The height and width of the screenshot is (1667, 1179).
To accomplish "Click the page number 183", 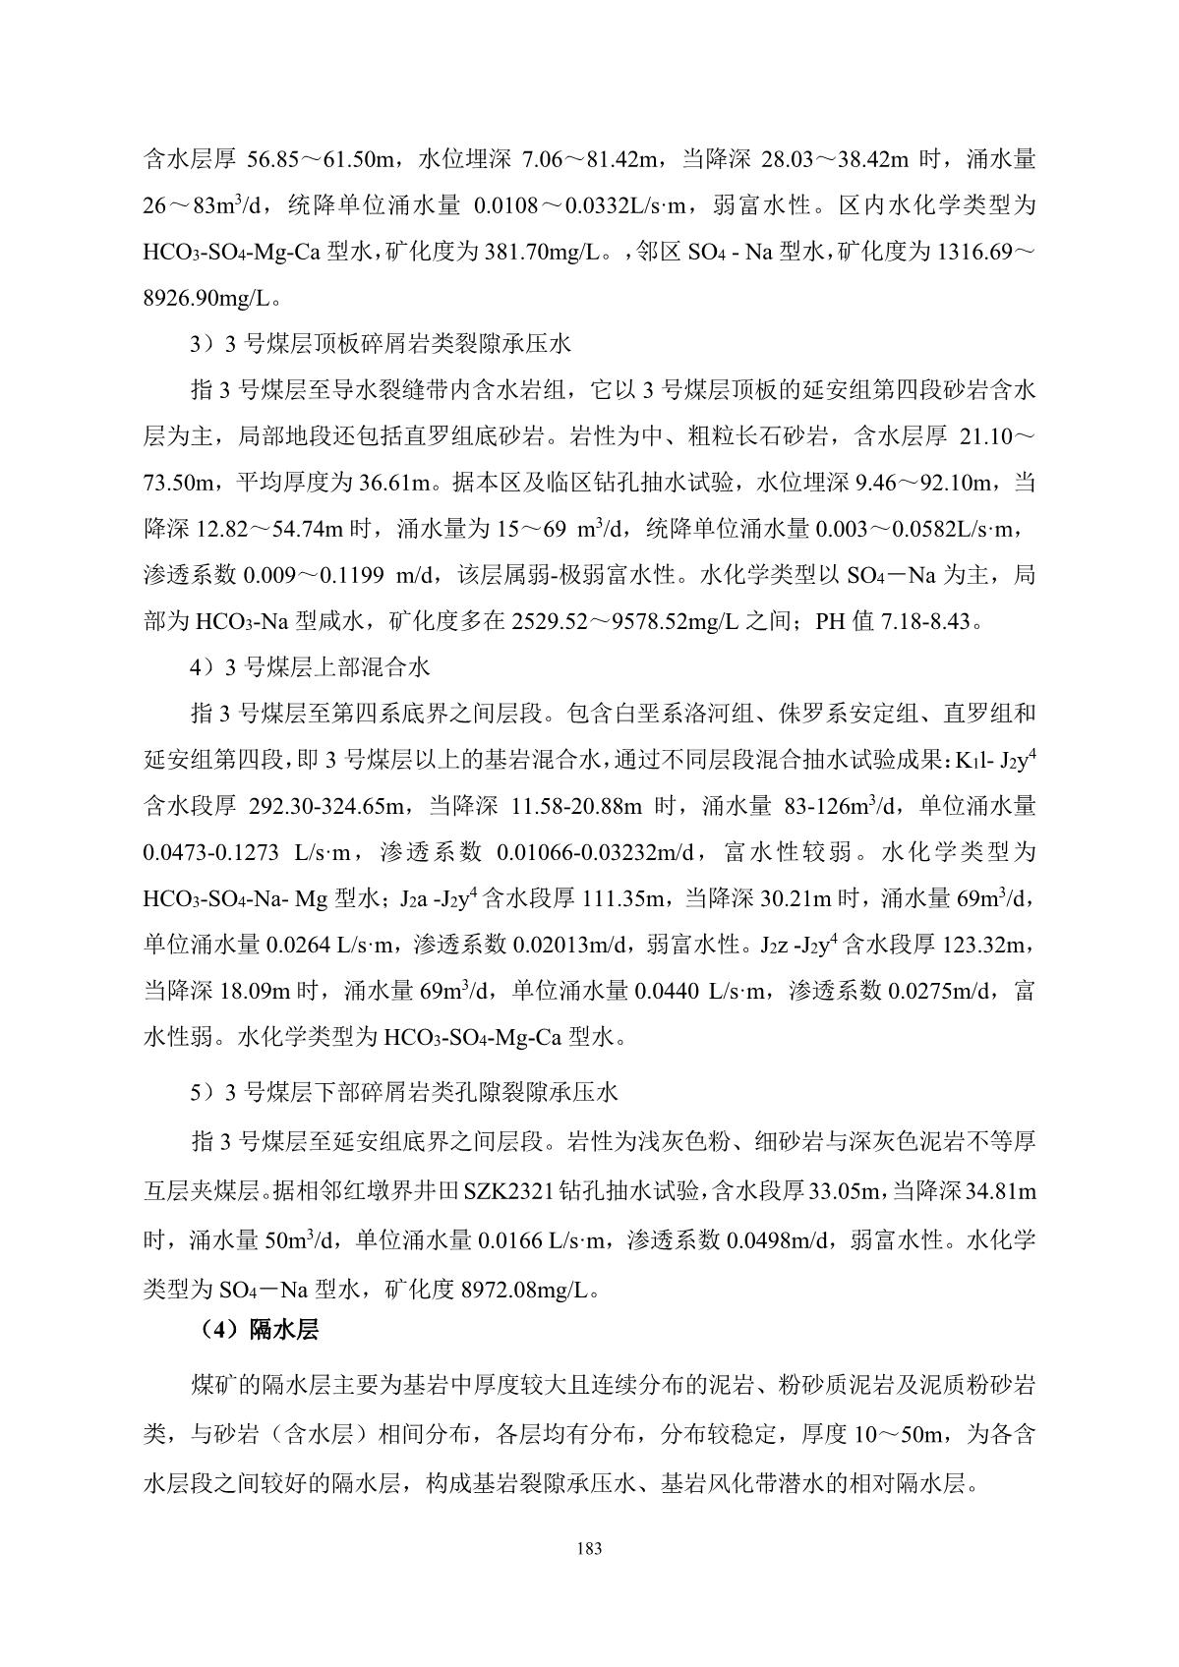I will (x=589, y=1549).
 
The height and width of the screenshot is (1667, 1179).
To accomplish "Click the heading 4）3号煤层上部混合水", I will (x=310, y=667).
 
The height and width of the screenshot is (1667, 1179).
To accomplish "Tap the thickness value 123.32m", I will (x=986, y=946).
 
